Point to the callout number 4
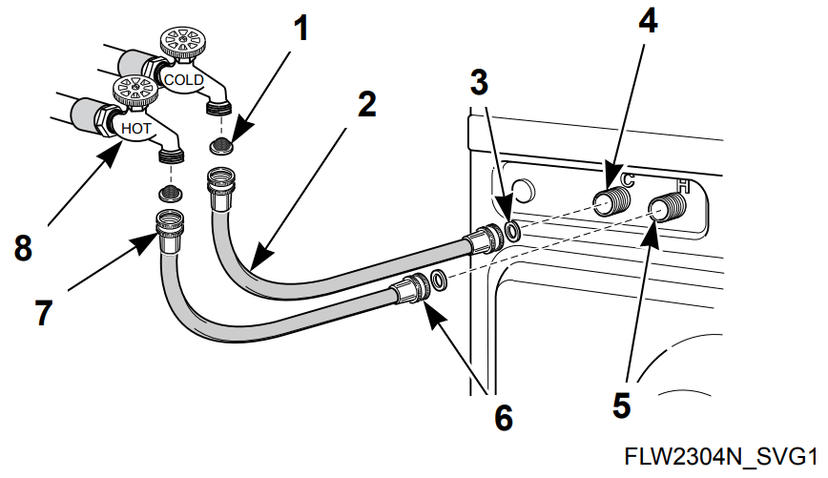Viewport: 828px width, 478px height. click(647, 21)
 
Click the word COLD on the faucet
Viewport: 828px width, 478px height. click(183, 80)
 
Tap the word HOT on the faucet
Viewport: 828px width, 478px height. click(136, 126)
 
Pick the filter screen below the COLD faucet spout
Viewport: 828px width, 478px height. click(221, 146)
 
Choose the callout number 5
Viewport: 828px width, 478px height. click(621, 405)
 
